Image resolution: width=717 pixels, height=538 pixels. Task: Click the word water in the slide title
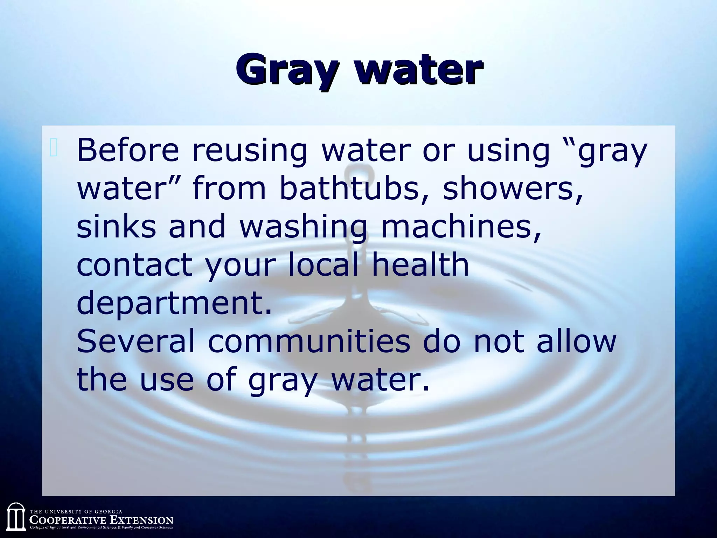(420, 69)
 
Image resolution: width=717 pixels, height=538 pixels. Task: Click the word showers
(513, 189)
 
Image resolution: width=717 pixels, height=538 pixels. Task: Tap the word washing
(303, 228)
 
